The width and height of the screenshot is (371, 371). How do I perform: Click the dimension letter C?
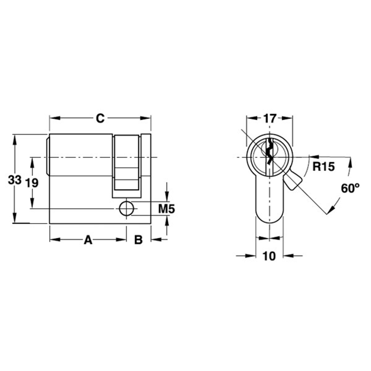(100, 118)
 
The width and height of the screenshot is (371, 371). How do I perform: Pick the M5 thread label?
(166, 209)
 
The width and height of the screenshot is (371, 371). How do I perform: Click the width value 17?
(269, 118)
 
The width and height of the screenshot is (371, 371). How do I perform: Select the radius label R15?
(323, 167)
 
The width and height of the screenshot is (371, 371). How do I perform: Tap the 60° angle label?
(350, 188)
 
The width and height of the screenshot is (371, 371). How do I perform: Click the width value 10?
(269, 256)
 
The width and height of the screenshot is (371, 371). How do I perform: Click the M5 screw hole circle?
(126, 209)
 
